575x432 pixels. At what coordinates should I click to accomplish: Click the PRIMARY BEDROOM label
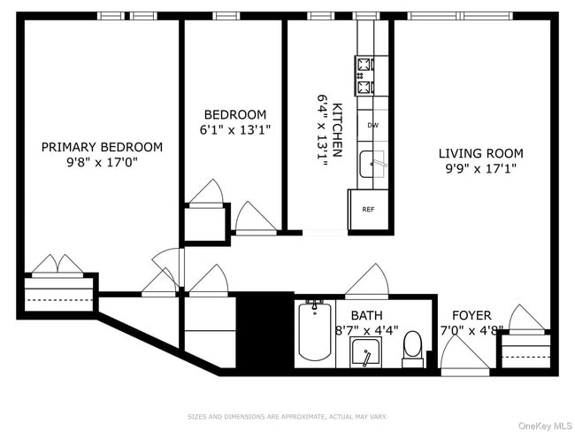click(x=102, y=147)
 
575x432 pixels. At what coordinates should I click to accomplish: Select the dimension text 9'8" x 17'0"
click(x=102, y=163)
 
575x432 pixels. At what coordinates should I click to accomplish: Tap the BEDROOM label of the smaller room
click(x=234, y=114)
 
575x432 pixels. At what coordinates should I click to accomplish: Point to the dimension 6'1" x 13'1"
click(x=234, y=129)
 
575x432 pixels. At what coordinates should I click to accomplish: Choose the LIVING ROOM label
click(x=481, y=152)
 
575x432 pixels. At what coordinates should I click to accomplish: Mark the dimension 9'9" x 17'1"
click(x=481, y=167)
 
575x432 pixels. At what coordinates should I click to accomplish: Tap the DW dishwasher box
click(x=372, y=126)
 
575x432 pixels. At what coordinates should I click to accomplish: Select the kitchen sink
click(x=372, y=165)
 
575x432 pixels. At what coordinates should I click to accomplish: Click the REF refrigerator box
click(x=368, y=210)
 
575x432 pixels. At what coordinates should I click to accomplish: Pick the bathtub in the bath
click(x=314, y=330)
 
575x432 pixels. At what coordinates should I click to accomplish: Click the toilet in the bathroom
click(x=412, y=347)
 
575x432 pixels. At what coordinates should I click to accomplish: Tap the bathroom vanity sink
click(x=365, y=352)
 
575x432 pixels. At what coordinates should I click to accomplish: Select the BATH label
click(x=366, y=315)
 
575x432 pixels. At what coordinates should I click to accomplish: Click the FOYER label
click(x=471, y=315)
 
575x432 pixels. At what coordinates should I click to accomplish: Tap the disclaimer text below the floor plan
click(x=287, y=415)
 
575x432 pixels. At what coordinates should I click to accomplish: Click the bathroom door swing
click(x=367, y=282)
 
